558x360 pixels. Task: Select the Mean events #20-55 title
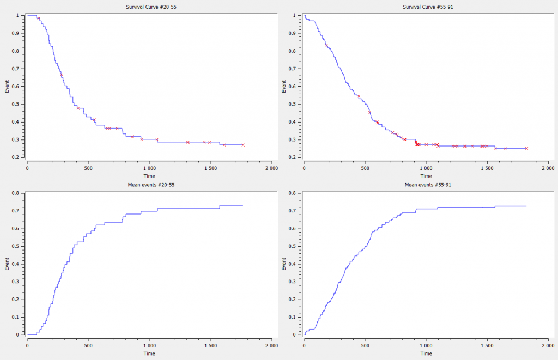pos(149,185)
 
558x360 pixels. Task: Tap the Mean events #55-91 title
pos(426,185)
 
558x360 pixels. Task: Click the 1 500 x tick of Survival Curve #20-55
pos(210,168)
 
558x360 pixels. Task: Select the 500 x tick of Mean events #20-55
pos(89,346)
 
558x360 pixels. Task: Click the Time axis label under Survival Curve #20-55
pos(149,176)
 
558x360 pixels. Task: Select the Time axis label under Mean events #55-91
pos(426,353)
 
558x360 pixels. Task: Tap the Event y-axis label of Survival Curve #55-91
pos(284,86)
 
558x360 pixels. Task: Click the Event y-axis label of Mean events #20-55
pos(7,264)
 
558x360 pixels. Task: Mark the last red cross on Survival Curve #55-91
pos(526,148)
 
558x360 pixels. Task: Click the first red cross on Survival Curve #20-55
pos(39,19)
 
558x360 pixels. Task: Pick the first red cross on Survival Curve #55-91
pos(326,45)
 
